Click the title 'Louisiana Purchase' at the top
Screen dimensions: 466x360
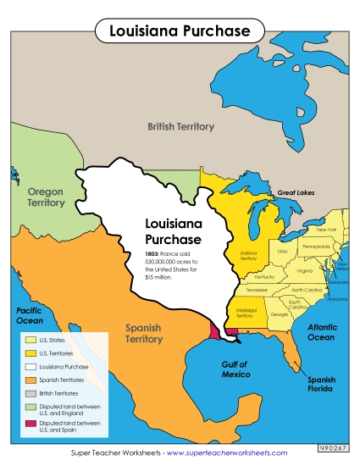pos(180,31)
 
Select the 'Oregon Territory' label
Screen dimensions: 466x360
pos(46,197)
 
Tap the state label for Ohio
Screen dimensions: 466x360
pos(282,252)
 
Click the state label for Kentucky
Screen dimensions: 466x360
pos(264,276)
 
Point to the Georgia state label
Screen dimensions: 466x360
pos(278,314)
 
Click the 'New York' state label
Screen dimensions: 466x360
pos(326,230)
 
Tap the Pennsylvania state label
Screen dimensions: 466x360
pos(316,247)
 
